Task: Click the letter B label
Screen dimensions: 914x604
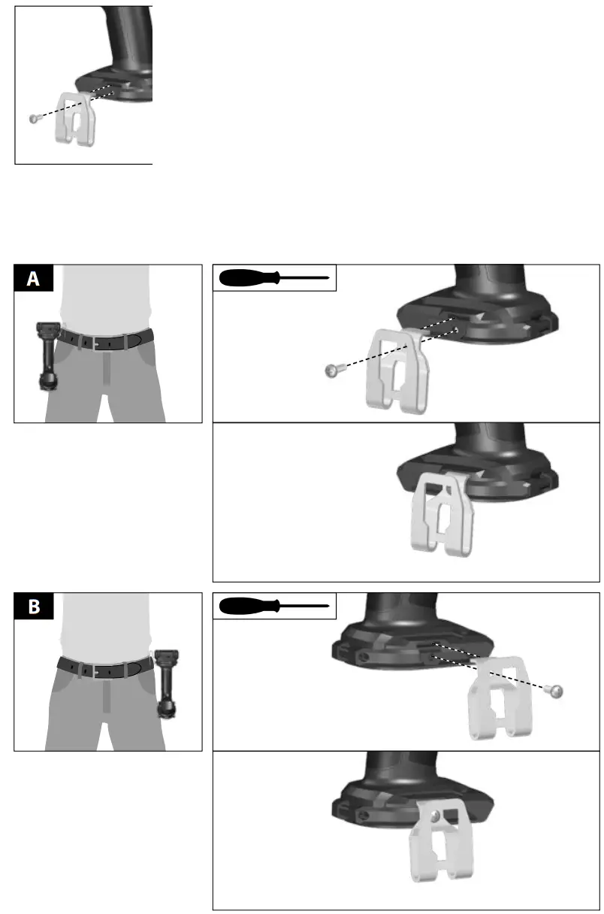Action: click(x=34, y=607)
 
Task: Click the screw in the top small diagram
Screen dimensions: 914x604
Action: click(x=33, y=118)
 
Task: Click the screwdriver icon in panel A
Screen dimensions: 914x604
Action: click(x=274, y=277)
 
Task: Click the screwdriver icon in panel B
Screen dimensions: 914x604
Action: click(x=274, y=605)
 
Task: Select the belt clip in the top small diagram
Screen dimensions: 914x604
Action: click(x=77, y=119)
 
